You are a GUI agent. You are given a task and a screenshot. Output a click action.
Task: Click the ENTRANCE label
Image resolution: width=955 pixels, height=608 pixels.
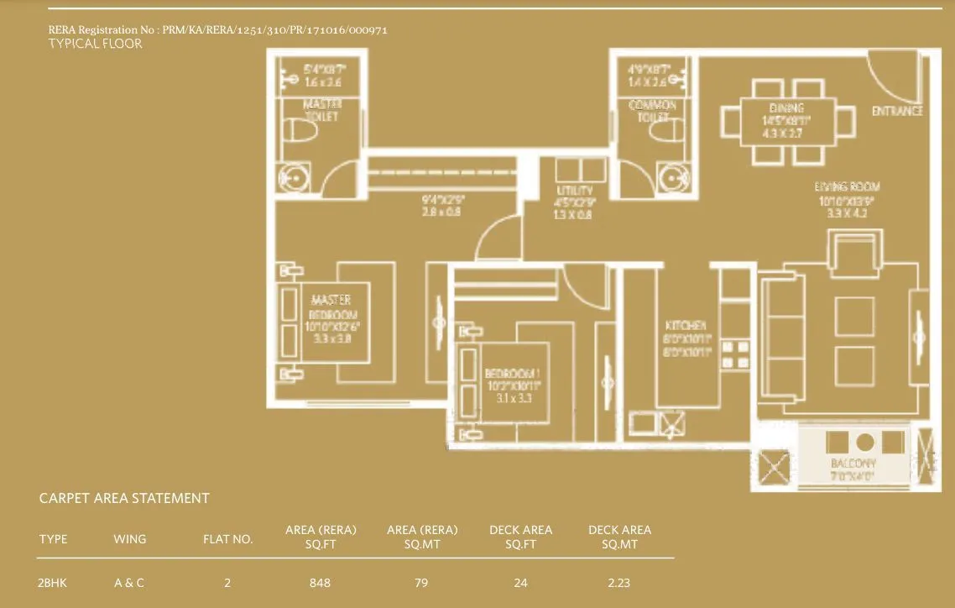coord(897,111)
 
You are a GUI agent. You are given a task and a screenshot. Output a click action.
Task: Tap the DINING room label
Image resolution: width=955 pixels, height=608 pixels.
coord(786,108)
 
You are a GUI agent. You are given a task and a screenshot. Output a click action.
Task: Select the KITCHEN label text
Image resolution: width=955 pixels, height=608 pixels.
coord(685,326)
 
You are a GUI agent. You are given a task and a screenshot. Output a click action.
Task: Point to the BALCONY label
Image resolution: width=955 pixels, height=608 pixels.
coord(853,464)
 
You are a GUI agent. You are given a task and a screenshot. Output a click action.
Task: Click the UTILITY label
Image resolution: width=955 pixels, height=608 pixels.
coord(574,191)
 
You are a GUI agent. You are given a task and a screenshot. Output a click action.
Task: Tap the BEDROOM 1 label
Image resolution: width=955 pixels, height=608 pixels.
coord(512,374)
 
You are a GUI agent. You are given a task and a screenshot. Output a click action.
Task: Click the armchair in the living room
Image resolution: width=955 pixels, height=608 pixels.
coord(853,251)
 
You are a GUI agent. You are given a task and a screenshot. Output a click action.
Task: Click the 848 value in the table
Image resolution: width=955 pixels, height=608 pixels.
coord(320,583)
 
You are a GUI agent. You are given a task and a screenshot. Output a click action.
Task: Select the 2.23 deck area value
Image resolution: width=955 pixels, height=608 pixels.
coord(619,583)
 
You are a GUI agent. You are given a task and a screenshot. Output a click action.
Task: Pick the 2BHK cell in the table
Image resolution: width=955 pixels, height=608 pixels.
coord(52,583)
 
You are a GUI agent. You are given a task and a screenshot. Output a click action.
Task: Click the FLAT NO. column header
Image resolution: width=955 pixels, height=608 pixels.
coord(227,539)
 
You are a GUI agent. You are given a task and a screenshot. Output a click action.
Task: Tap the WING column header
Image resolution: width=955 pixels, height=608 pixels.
coord(129,539)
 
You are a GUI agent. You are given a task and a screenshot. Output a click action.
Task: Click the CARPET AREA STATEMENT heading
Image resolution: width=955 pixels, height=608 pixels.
coord(124,498)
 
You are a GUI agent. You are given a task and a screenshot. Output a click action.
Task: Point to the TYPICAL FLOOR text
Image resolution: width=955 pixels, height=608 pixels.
coord(95,44)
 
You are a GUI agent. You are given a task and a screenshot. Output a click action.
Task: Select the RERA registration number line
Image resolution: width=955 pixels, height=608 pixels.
coord(218,30)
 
